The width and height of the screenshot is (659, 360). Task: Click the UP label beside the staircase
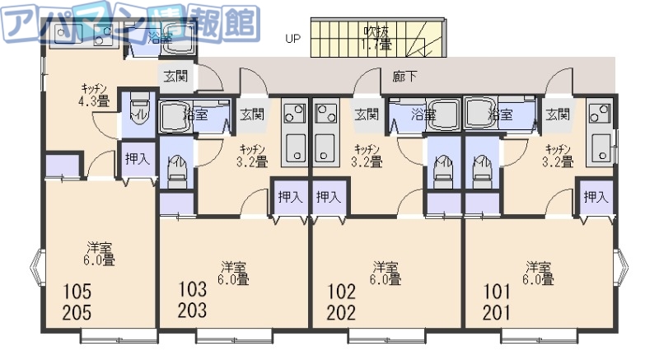click(292, 38)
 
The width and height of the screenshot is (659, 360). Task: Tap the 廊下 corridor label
click(404, 76)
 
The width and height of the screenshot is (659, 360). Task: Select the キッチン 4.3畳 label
click(93, 96)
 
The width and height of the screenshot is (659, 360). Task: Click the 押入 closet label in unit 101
click(596, 197)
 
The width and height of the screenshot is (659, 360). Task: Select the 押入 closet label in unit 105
click(137, 158)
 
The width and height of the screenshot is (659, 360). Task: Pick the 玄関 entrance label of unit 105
click(175, 77)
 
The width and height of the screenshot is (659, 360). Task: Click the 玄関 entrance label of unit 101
click(558, 115)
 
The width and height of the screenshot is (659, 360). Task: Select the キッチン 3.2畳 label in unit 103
click(252, 156)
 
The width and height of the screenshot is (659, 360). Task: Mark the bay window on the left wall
click(35, 267)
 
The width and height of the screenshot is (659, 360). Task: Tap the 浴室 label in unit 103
click(195, 115)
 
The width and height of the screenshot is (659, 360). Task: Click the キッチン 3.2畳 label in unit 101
click(559, 156)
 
